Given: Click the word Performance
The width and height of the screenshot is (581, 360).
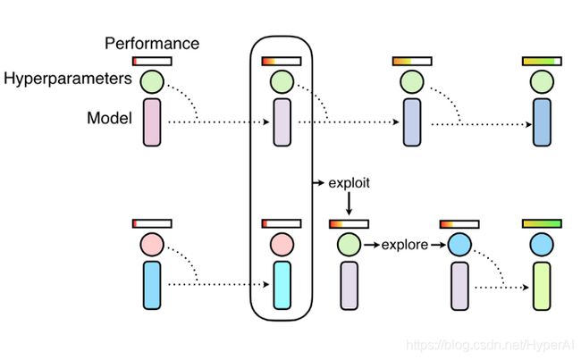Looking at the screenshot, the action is tap(152, 44).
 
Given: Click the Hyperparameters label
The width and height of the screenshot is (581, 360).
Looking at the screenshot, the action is tap(68, 79).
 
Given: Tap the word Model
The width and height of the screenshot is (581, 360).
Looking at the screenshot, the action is tap(109, 118).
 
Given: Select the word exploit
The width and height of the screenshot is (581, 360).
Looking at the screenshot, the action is tap(349, 183).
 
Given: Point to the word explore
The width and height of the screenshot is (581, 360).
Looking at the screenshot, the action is tap(405, 245).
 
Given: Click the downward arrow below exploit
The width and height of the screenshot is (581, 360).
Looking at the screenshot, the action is tap(349, 204).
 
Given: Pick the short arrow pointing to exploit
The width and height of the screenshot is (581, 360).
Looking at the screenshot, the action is tap(319, 182).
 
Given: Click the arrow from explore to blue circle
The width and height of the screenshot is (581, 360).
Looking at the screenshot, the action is tap(438, 245).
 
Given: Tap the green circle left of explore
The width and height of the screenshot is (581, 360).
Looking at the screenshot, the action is tap(349, 245).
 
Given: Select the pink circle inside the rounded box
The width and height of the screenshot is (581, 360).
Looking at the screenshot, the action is tap(282, 245).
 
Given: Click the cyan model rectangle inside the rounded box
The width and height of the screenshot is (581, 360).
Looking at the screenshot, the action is tap(282, 285).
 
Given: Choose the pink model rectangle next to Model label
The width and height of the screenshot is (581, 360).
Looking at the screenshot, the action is tap(152, 122).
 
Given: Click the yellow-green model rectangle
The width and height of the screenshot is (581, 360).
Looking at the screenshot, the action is tap(542, 286).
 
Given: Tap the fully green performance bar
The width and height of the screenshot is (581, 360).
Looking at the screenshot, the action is tap(542, 223).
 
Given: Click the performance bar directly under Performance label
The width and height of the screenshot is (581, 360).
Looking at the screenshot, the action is tap(152, 61).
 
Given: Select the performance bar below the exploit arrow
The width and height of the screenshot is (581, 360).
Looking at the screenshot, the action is tap(349, 223).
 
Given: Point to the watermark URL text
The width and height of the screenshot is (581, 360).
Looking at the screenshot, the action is tap(490, 345).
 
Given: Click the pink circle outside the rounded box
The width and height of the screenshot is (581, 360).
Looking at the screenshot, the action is tap(152, 245).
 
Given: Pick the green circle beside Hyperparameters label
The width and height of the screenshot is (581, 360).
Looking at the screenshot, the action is tap(152, 81).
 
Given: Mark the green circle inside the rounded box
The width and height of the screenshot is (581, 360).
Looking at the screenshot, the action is tap(282, 81).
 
